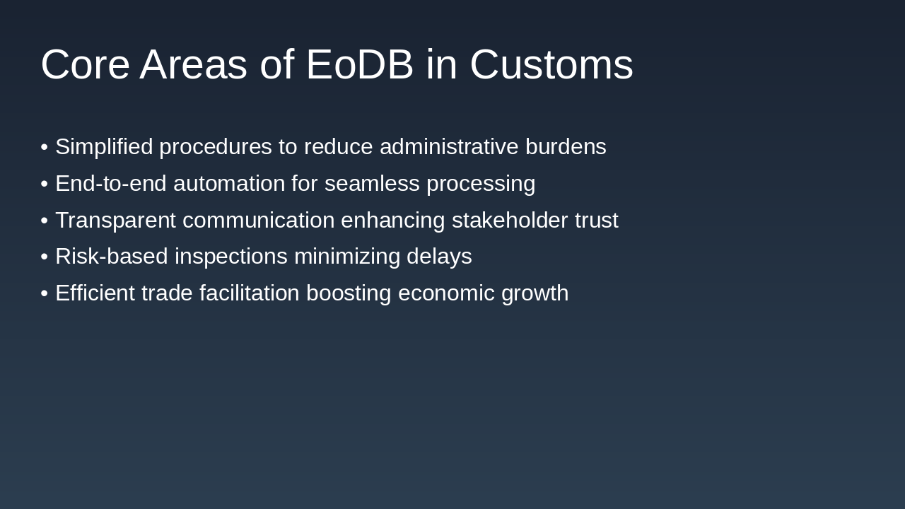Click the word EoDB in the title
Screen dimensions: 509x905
(359, 64)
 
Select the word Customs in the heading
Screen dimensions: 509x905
(551, 64)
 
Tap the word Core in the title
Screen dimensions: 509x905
(85, 64)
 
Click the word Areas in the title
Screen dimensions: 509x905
(193, 64)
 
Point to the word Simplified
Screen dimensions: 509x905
(104, 147)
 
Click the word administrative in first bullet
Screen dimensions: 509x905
(449, 147)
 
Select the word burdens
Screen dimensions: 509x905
(566, 147)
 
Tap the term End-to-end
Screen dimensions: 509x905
(111, 184)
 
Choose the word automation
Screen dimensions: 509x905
(229, 184)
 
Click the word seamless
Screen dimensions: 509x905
(372, 184)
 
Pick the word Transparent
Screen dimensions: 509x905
(115, 221)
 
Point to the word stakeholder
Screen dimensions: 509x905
(509, 221)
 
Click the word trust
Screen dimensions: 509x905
(596, 221)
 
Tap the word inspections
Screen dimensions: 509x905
(231, 257)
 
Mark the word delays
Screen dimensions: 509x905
(439, 257)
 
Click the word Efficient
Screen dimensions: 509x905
(95, 293)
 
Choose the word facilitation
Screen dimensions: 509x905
(249, 293)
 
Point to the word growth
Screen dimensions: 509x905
(535, 293)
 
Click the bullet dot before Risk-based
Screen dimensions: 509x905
(44, 257)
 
